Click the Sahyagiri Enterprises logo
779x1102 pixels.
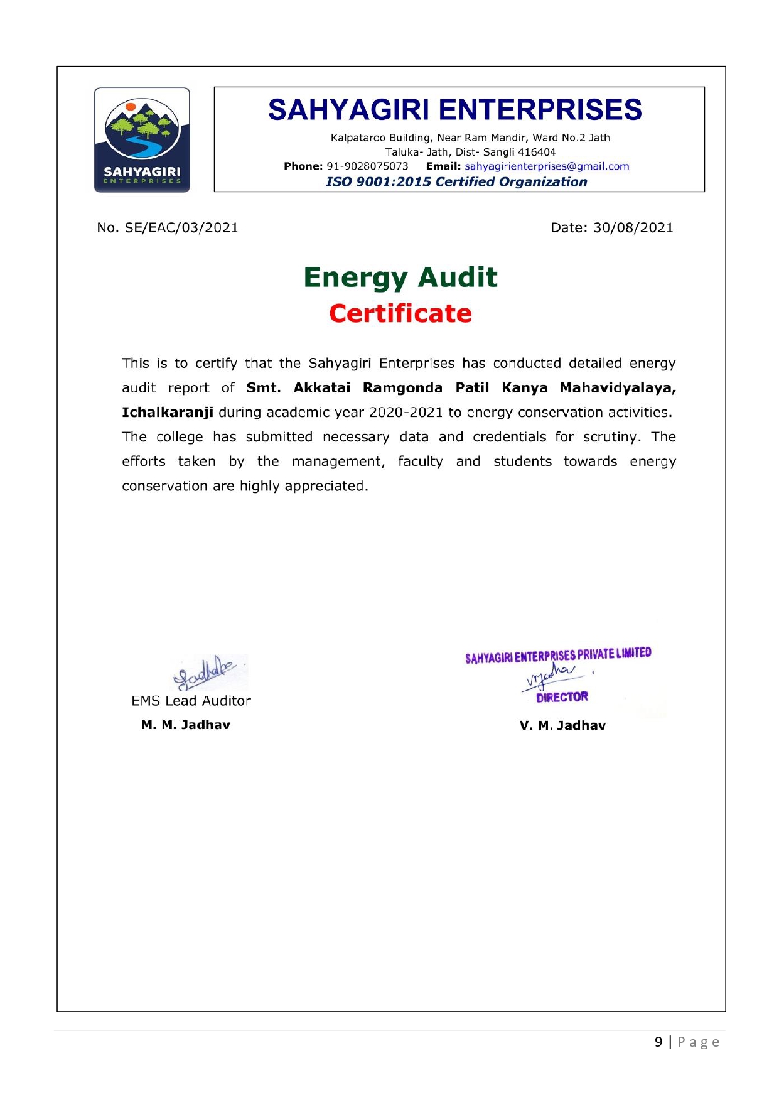point(142,139)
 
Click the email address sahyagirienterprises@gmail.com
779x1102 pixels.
point(547,166)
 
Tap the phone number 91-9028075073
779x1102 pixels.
point(367,166)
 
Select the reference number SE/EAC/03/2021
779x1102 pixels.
point(181,228)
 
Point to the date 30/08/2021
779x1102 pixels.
point(633,228)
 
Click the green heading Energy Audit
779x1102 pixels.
point(400,278)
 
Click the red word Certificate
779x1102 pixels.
point(400,313)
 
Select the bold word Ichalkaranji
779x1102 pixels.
point(168,413)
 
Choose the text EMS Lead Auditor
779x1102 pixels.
point(191,701)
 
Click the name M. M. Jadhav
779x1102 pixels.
point(186,725)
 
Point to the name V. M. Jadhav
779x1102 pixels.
point(562,726)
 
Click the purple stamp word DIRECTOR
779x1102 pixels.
point(562,697)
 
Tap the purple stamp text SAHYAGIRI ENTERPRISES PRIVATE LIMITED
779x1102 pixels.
point(558,655)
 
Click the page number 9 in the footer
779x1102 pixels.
point(658,1042)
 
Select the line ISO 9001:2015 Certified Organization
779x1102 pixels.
point(456,182)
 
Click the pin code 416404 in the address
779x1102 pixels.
point(537,152)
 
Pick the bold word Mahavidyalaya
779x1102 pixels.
point(617,388)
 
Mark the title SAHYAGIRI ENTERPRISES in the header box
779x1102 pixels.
point(455,110)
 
